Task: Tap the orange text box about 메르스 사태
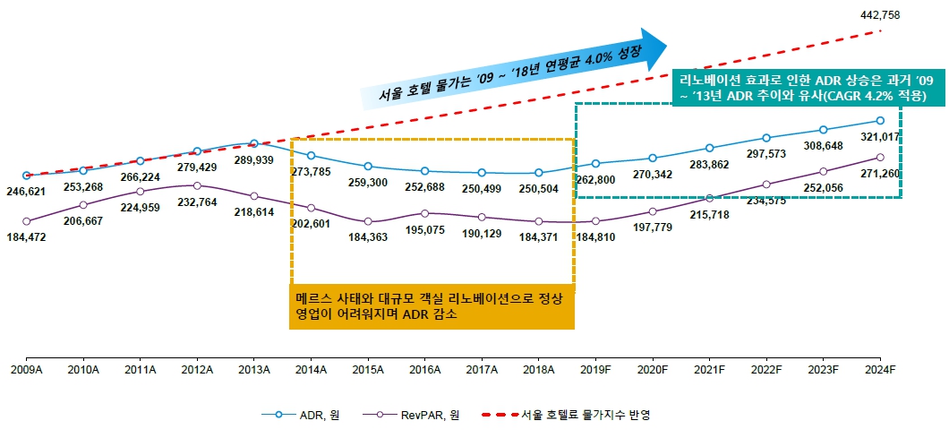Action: (x=432, y=307)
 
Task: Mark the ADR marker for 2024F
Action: (x=880, y=121)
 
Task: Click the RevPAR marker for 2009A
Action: (x=26, y=220)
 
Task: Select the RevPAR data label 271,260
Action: (x=880, y=173)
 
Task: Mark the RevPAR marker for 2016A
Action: (x=425, y=213)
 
